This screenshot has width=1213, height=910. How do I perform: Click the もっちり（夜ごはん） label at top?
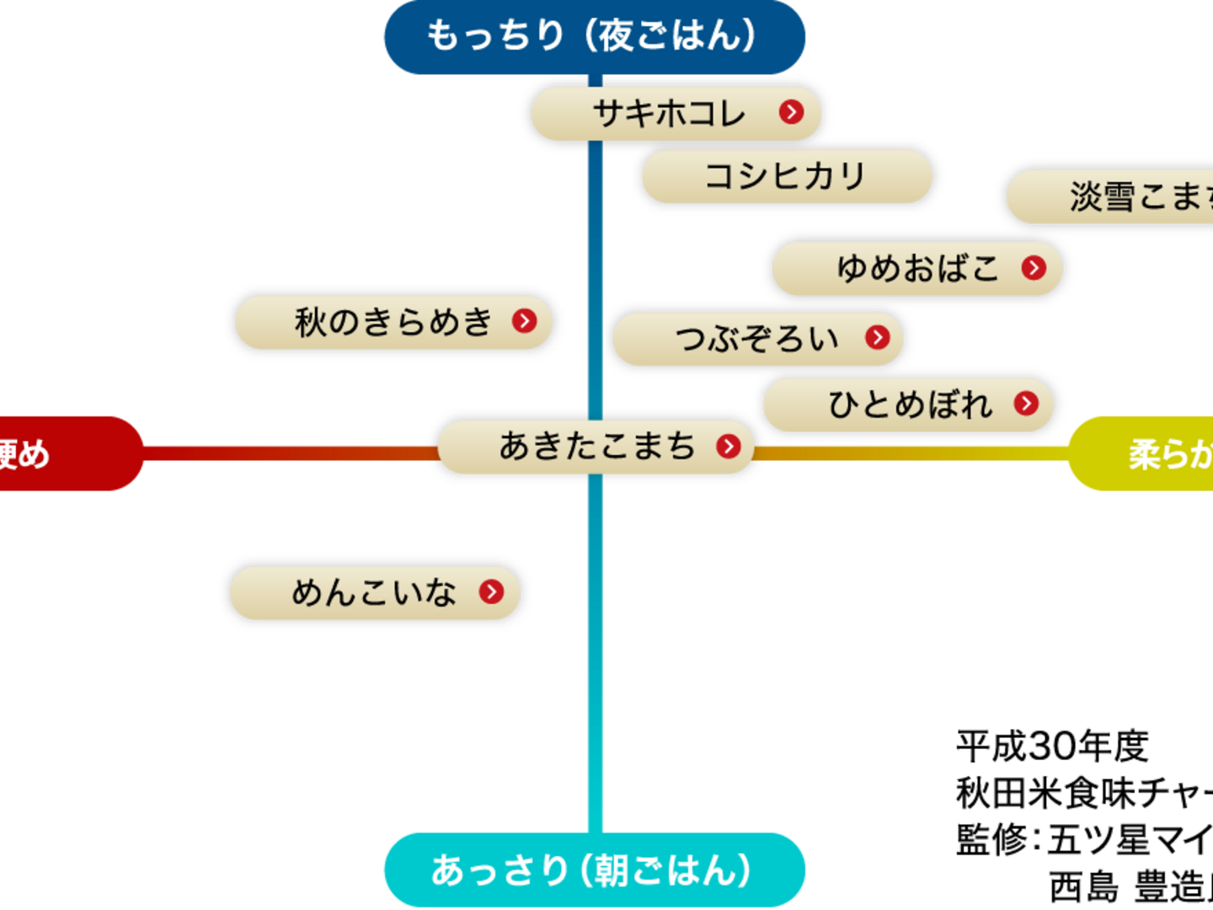[594, 36]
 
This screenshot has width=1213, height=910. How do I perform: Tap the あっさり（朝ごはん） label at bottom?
[594, 870]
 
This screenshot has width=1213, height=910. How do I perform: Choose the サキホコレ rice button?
[670, 113]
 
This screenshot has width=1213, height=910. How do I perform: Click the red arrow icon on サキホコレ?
[791, 112]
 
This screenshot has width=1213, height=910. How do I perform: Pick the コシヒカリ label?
[787, 176]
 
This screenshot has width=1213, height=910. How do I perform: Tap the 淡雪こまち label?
[1129, 196]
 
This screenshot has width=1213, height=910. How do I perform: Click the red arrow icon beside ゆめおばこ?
[1034, 268]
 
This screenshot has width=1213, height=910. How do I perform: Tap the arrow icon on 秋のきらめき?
[524, 321]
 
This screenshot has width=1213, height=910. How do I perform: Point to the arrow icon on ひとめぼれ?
[1026, 404]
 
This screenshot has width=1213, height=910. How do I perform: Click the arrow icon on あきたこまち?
[729, 446]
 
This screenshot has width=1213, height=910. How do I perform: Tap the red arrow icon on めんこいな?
[491, 591]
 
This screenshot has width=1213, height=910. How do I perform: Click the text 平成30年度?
[1052, 746]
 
